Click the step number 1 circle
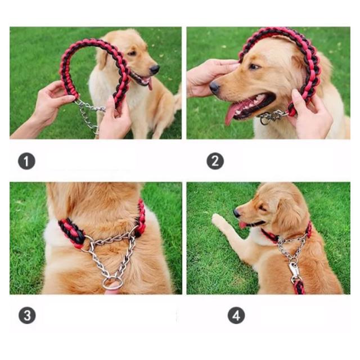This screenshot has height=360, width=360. click(26, 161)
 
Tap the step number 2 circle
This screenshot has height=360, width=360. click(215, 161)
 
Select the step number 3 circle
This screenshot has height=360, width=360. click(27, 315)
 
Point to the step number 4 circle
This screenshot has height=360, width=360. click(236, 315)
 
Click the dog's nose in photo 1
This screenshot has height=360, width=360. click(154, 69)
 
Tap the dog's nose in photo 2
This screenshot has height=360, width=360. click(215, 88)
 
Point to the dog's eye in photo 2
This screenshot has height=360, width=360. click(254, 67)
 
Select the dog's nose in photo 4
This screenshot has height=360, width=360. click(236, 213)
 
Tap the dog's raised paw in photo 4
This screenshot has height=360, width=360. click(218, 220)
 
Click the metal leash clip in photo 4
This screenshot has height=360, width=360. click(294, 271)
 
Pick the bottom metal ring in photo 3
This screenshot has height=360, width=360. click(112, 283)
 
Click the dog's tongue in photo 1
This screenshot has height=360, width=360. click(150, 84)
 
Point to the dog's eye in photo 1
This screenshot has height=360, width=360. click(132, 53)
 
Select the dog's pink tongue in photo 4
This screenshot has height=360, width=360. click(242, 224)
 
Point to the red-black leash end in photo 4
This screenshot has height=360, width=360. click(299, 287)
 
